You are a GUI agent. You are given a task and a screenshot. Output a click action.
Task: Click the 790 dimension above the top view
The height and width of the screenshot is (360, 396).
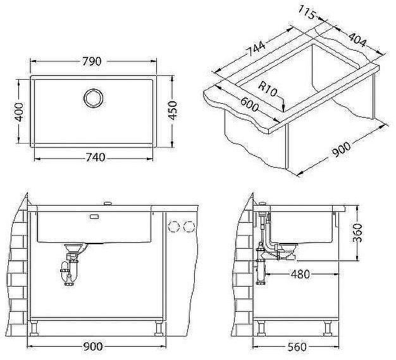click(x=92, y=61)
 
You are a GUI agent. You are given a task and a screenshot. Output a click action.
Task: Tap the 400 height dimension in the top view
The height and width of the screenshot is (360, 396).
click(x=19, y=111)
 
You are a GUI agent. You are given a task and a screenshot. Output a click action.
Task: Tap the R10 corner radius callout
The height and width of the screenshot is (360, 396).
click(x=269, y=89)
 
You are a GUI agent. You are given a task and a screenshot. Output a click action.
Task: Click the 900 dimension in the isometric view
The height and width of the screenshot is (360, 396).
click(x=341, y=150)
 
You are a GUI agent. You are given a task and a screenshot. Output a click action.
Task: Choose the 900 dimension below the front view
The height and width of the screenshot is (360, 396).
click(x=94, y=346)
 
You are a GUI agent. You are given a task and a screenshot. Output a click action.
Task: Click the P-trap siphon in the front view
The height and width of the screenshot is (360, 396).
click(x=70, y=269)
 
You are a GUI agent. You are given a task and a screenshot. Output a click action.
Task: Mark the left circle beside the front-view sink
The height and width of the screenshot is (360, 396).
click(x=175, y=226)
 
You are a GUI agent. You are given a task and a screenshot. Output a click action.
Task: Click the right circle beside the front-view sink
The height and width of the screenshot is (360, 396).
click(x=188, y=226)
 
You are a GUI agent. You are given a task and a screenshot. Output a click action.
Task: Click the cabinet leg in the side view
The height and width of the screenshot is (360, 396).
click(x=329, y=328)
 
